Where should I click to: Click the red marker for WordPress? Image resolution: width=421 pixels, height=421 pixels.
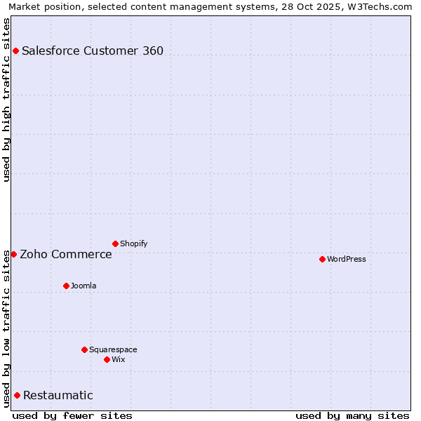point(322,259)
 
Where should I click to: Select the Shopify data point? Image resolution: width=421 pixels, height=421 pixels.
point(115,243)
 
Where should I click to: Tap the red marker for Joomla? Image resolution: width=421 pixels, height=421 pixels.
point(66,286)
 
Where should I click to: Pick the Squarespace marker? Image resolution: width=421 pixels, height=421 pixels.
point(84,349)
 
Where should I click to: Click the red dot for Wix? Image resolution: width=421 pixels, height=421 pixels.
point(107,359)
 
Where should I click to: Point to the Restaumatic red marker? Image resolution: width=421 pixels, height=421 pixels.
point(17,395)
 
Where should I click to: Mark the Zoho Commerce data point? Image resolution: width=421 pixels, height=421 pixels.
point(13,254)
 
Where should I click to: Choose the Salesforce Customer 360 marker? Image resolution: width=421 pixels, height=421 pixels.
point(15,51)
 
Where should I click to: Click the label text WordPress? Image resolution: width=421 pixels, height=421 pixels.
point(347,259)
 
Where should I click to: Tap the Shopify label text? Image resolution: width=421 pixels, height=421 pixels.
point(134,243)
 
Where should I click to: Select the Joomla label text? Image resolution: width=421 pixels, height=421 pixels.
point(83,286)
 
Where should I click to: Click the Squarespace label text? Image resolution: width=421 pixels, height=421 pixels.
point(113,349)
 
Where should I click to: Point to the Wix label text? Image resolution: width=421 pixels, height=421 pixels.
point(119,359)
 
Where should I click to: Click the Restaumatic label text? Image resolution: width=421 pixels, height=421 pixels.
point(58,395)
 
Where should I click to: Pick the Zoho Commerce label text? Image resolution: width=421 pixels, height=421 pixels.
point(66,254)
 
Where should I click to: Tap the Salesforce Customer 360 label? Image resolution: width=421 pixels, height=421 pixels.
point(93,51)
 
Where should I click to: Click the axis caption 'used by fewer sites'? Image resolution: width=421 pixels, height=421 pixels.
point(72,415)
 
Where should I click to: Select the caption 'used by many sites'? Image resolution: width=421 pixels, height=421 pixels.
point(352,415)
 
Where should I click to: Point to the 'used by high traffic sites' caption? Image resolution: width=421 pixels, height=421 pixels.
point(6,100)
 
